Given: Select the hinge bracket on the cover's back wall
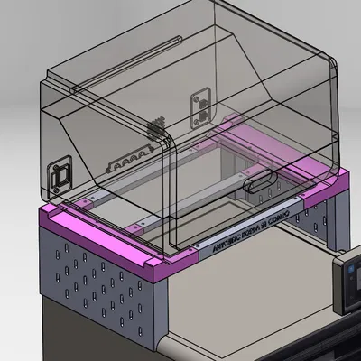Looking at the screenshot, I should coord(199,106).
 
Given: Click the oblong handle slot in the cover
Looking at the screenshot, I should coord(262,180).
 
